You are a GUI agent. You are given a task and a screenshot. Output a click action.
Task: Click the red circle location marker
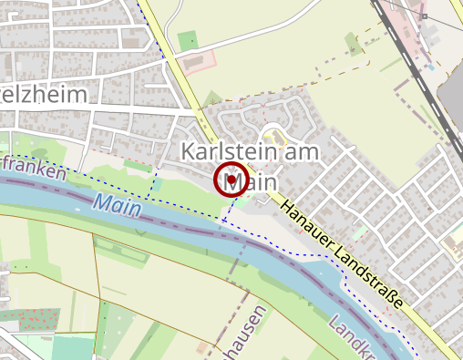pos(231,180)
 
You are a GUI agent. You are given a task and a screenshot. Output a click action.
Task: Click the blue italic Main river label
pos(116,206)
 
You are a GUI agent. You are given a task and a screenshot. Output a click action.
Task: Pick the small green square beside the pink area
pos(188,41)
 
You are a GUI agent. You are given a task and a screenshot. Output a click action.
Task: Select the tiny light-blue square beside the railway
pos(430,67)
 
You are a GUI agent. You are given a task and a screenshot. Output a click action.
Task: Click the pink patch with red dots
pos(27,318)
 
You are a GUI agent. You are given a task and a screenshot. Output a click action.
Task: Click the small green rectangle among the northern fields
pos(353,43)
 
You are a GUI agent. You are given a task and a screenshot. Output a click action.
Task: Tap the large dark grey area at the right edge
pos(452,100)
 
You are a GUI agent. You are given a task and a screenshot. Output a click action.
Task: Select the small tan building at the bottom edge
pos(201,347)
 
